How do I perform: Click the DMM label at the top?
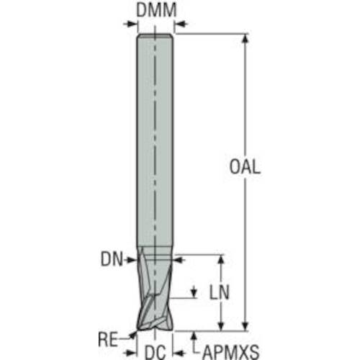[156, 10]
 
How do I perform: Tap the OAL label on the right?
[245, 166]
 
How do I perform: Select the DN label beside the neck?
[112, 259]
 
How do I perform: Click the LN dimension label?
[220, 292]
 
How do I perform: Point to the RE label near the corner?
[108, 339]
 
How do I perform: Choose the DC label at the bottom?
[156, 353]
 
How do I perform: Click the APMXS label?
[231, 352]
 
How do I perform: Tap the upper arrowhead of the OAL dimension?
[245, 38]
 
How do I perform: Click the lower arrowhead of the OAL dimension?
[245, 326]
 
